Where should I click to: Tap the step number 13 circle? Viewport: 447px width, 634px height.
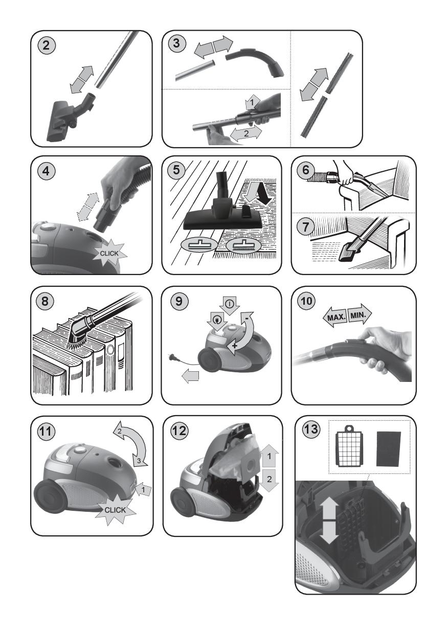point(311,429)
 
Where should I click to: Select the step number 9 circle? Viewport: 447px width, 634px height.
point(179,301)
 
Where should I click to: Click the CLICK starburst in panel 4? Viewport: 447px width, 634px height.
point(109,253)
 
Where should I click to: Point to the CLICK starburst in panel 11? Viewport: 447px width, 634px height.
point(115,510)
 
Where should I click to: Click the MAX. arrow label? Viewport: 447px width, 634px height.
point(335,316)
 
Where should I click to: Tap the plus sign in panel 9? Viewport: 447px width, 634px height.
point(234,346)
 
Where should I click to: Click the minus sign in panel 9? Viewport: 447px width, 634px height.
point(247,319)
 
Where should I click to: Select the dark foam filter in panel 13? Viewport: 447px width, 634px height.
point(388,449)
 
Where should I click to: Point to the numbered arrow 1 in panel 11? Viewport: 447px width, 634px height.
point(144,489)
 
